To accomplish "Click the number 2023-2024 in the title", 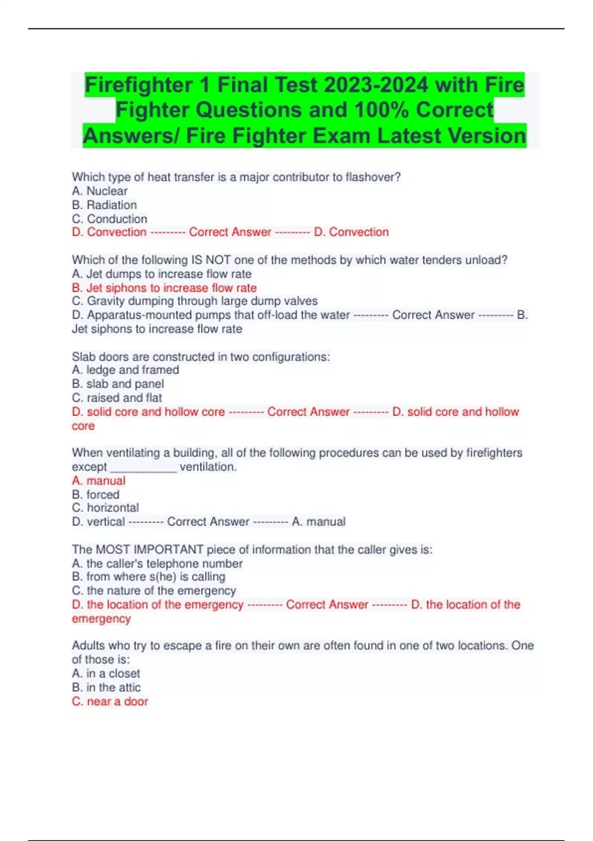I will tap(376, 85).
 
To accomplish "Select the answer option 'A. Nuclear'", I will tap(99, 191).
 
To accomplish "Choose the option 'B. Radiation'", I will tap(104, 205).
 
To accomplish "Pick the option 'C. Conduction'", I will tap(109, 219).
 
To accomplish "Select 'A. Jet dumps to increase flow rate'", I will tap(162, 274).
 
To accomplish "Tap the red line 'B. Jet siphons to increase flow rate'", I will tap(164, 288).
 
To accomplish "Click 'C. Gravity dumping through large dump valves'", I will tap(195, 301).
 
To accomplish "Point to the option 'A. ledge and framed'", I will tap(126, 370).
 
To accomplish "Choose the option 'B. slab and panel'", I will tap(118, 384).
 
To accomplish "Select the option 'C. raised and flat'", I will tap(117, 398).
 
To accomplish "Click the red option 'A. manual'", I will tap(98, 481).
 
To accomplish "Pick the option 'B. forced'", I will tap(95, 495).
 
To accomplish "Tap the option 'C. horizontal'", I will tap(105, 508).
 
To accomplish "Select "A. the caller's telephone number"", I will tap(157, 563).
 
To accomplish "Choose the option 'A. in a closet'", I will tap(106, 673).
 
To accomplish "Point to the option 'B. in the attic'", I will tap(106, 687).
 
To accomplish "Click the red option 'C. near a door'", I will tap(110, 701).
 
